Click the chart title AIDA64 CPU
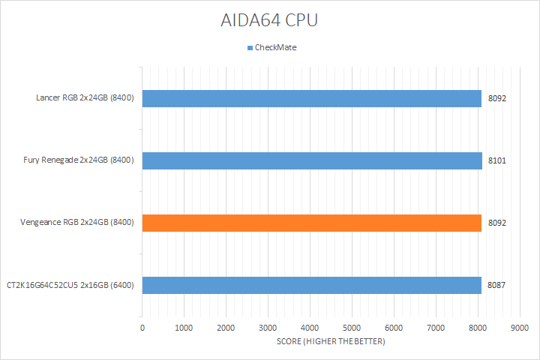269,20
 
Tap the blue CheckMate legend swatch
250,48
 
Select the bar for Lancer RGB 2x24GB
312,98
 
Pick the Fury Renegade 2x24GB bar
312,160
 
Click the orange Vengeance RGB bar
312,223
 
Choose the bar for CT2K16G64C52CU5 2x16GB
312,285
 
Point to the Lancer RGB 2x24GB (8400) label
85,98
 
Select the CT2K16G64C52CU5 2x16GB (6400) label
71,285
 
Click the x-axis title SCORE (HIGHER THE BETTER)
331,342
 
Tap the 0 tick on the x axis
142,328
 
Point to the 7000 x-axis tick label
435,328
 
